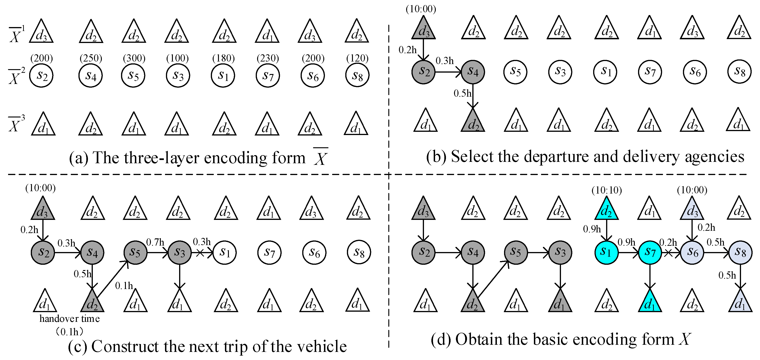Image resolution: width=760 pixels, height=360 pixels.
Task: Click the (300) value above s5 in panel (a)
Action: coord(134,58)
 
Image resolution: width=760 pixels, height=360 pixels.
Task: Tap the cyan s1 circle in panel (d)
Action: coord(606,252)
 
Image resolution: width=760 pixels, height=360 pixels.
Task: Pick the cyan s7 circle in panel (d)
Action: coord(650,252)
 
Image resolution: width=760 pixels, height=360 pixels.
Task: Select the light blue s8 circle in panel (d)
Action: coord(740,252)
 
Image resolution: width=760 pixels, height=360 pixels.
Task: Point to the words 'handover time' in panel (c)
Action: coord(70,319)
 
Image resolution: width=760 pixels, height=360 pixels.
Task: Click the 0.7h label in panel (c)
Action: coord(155,242)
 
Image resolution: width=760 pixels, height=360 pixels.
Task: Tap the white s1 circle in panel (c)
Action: coord(224,252)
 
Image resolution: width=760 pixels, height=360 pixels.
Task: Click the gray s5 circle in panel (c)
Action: coord(135,252)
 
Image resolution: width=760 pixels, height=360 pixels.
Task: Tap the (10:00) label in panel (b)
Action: coord(421,9)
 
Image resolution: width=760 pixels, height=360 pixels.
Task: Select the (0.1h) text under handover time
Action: coord(70,332)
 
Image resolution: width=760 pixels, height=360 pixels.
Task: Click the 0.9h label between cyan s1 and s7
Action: coord(626,242)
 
